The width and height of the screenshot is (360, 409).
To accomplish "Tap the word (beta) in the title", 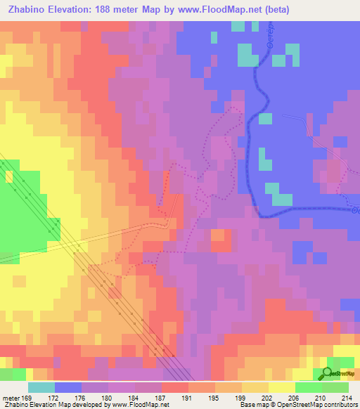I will pyautogui.click(x=275, y=10).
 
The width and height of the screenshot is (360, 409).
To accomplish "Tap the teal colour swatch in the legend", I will pyautogui.click(x=41, y=387).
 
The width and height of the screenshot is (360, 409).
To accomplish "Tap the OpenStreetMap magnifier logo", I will pyautogui.click(x=328, y=373).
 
